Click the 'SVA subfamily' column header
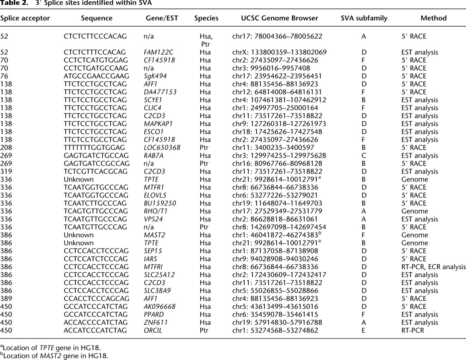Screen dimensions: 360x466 363,18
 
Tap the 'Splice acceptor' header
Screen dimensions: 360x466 25,18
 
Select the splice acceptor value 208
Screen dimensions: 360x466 6,148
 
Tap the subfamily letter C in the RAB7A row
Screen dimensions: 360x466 363,156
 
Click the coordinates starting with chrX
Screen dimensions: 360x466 279,52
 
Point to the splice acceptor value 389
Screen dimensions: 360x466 6,299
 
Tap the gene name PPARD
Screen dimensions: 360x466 154,314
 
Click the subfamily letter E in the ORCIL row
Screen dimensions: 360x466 363,330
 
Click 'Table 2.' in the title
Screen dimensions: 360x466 13,3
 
